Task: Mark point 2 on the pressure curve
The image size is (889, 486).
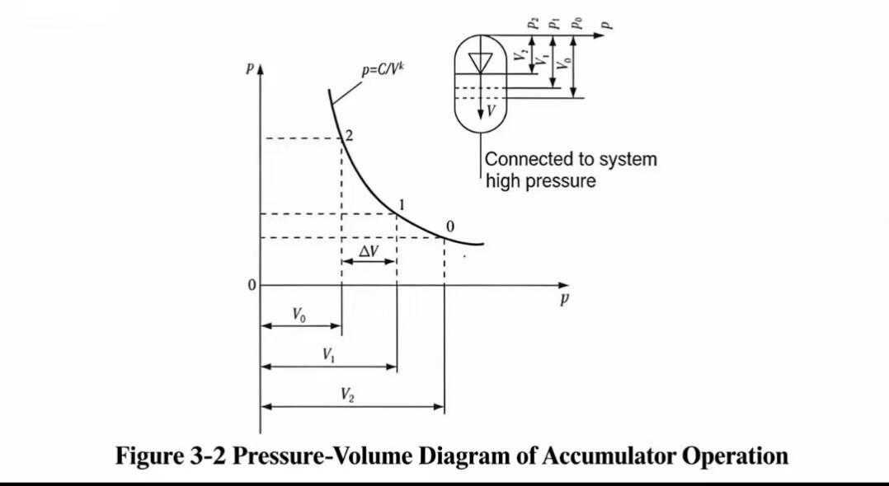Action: click(x=341, y=138)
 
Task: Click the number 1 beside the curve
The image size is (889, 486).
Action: click(x=401, y=205)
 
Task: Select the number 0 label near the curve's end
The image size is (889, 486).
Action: click(x=449, y=227)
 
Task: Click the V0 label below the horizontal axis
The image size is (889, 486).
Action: click(x=300, y=314)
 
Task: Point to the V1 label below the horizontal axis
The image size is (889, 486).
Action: click(x=329, y=355)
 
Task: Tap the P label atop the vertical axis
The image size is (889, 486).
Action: click(x=249, y=70)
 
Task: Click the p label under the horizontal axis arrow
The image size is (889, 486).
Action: click(x=564, y=300)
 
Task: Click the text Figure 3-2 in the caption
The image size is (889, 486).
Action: click(x=170, y=455)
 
